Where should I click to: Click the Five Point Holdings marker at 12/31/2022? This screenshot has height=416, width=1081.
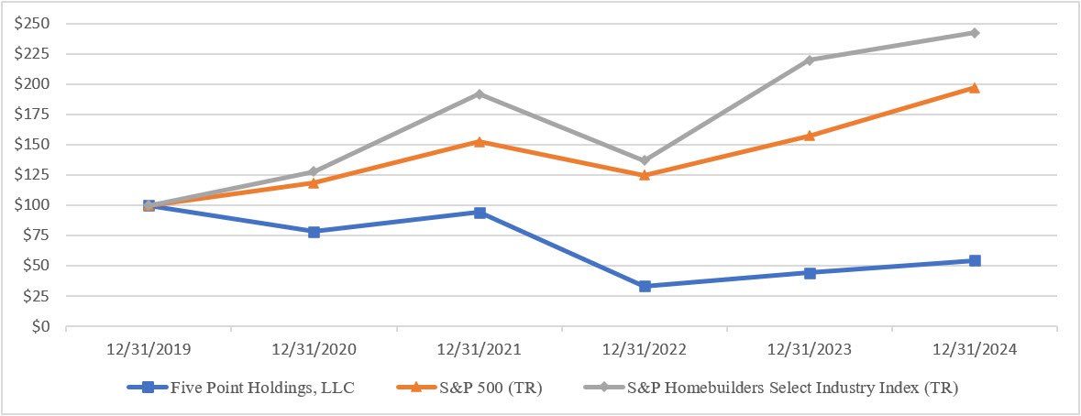645,286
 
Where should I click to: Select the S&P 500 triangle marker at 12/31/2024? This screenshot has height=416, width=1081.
975,88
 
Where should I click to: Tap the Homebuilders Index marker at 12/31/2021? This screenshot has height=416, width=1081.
480,93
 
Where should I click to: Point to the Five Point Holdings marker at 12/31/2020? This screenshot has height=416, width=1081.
314,232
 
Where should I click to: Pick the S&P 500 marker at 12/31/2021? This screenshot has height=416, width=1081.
480,141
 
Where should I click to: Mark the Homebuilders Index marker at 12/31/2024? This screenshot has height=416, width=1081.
975,33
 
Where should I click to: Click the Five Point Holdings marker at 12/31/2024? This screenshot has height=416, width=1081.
975,260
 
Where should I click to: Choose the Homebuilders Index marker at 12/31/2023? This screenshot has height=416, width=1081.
810,60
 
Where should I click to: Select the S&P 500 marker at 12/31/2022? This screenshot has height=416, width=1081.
645,174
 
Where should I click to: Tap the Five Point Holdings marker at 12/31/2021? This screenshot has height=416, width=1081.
480,213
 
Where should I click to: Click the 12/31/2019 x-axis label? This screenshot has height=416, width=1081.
149,349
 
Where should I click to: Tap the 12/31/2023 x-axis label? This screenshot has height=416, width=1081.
810,349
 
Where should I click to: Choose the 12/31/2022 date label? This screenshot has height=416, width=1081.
645,349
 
